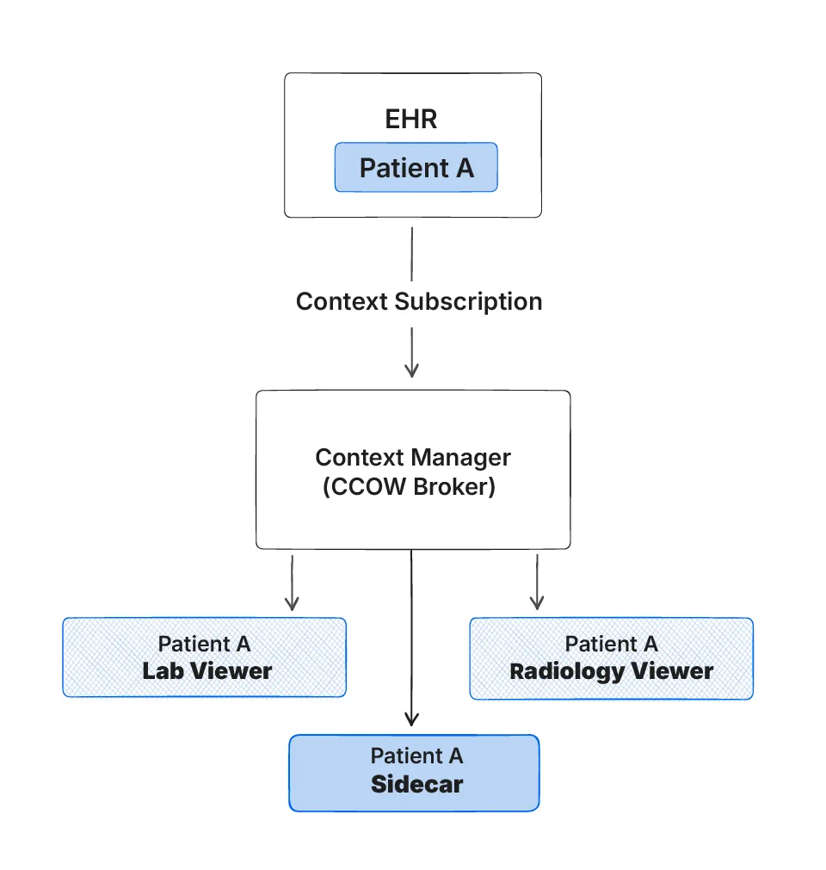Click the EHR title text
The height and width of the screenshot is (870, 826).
coord(411,119)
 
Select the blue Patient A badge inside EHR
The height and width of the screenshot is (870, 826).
coord(416,167)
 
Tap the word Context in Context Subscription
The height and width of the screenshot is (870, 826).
coord(342,301)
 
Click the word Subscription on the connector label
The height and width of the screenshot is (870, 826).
coord(468,301)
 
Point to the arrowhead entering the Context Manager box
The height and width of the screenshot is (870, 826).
coord(411,370)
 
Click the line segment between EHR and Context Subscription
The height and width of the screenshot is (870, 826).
coord(411,253)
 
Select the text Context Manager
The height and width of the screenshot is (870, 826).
coord(412,457)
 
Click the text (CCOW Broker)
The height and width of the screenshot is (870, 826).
coord(409,486)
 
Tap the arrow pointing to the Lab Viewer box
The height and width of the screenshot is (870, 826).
coord(292,602)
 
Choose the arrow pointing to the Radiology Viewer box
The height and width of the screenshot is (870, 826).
coord(537,602)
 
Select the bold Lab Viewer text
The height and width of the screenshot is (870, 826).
coord(206,671)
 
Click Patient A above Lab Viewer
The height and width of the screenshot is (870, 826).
coord(204,644)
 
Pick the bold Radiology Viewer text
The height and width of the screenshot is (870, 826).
coord(611,671)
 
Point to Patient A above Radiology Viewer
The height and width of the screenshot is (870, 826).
coord(611,644)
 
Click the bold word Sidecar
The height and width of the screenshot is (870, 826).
coord(416,785)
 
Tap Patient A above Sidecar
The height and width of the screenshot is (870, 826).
coord(416,756)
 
